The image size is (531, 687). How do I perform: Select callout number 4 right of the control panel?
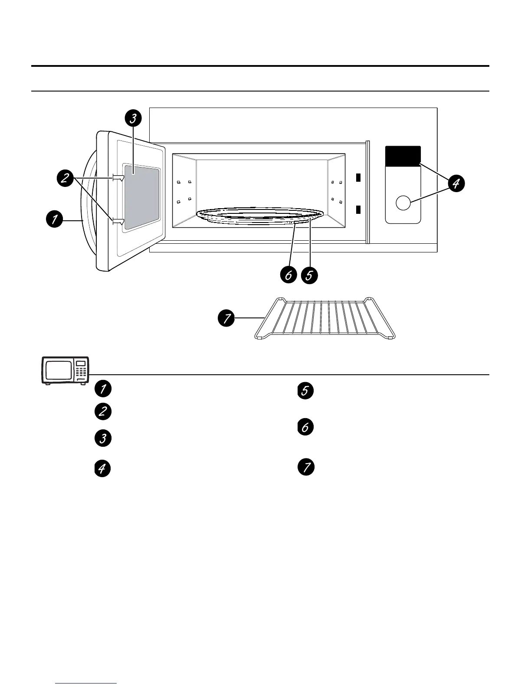click(456, 184)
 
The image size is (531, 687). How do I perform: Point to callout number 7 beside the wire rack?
click(226, 319)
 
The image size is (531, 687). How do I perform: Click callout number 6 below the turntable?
click(288, 275)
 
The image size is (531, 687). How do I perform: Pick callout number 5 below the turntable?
click(310, 275)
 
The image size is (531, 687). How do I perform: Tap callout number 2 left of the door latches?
click(65, 179)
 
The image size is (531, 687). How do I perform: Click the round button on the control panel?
click(403, 203)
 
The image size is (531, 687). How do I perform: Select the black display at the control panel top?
click(403, 156)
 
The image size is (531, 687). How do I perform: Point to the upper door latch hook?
click(118, 177)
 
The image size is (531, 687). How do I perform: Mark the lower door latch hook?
click(118, 222)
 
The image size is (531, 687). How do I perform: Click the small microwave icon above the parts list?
click(65, 370)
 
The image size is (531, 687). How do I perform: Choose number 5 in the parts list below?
click(305, 391)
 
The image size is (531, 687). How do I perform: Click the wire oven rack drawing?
click(325, 318)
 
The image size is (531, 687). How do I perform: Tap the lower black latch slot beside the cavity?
click(358, 210)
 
